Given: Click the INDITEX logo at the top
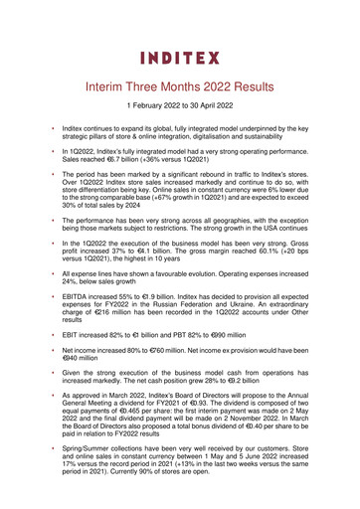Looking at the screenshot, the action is (180, 58).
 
